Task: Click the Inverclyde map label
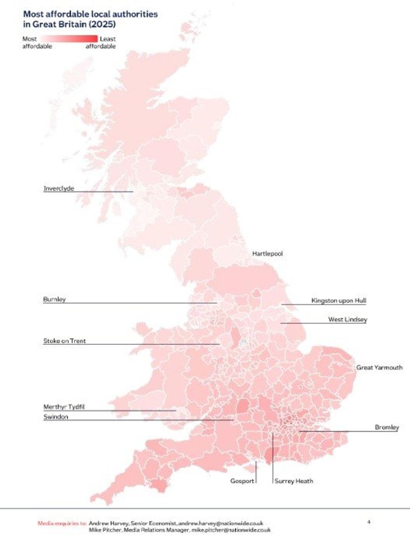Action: click(59, 189)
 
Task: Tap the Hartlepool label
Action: click(267, 254)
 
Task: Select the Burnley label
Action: click(54, 299)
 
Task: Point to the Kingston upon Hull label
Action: click(338, 301)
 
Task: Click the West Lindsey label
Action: click(347, 320)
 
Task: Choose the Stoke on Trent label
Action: click(64, 341)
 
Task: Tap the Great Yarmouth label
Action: click(379, 368)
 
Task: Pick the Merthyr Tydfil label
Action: click(64, 407)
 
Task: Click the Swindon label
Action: click(56, 417)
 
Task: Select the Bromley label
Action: click(387, 428)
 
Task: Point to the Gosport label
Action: click(242, 481)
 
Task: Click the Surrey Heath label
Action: click(294, 481)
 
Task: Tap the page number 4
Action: click(369, 522)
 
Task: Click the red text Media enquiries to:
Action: click(62, 523)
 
